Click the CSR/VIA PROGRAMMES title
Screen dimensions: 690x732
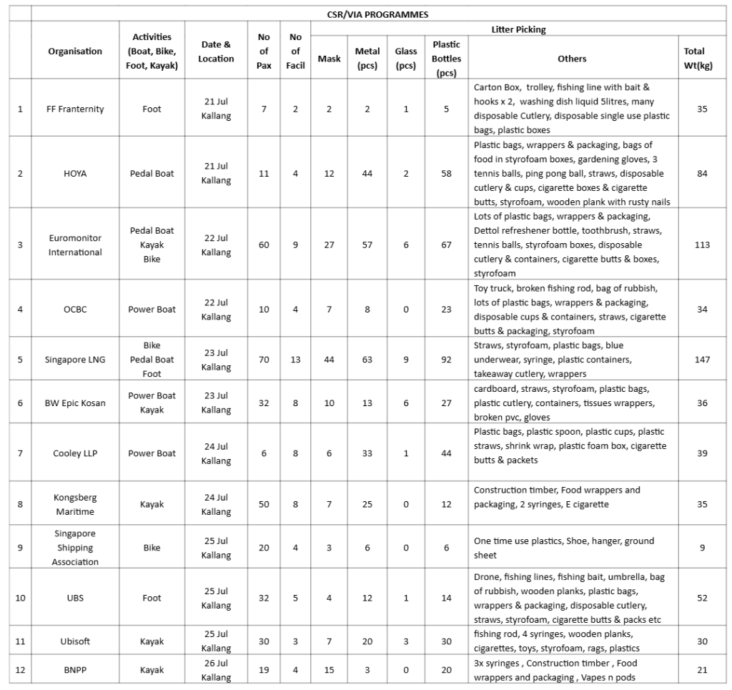[377, 13]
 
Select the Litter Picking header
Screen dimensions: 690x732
[518, 29]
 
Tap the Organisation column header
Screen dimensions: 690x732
[75, 51]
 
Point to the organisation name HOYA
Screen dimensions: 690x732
[75, 173]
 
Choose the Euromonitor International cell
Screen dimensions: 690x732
[75, 245]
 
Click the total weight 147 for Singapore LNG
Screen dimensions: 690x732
[702, 359]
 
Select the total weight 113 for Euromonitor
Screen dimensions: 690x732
[702, 245]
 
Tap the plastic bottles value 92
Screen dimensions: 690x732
[446, 359]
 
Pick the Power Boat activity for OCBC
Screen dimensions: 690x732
[152, 309]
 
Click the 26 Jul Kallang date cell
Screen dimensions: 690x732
[216, 670]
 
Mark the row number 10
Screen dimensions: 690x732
[20, 598]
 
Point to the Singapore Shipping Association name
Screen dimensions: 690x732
[75, 548]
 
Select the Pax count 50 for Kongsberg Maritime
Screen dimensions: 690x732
[264, 504]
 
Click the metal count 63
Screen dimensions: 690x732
[367, 359]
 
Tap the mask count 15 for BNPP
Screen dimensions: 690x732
[329, 670]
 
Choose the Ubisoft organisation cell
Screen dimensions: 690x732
[75, 641]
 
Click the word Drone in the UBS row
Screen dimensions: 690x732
[487, 577]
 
